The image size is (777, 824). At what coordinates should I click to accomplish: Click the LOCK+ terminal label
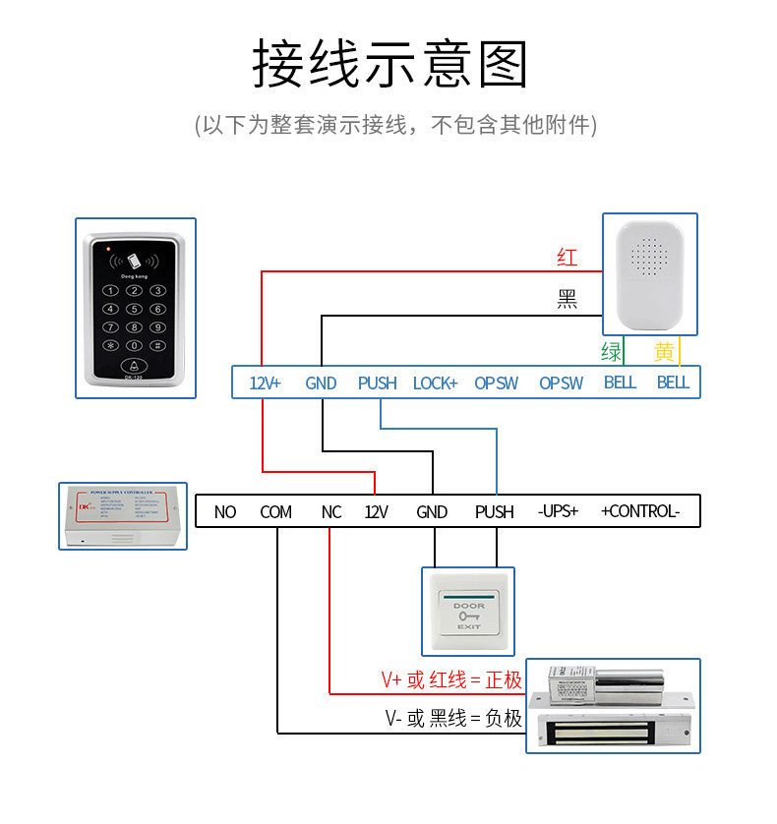point(435,383)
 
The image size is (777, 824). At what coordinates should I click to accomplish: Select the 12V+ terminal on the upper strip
point(265,383)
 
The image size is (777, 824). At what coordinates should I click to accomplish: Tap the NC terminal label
point(331,511)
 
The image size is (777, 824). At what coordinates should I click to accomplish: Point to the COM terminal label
point(276,511)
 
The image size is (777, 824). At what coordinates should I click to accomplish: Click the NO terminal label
point(225,511)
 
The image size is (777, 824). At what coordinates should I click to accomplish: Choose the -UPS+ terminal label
point(558,511)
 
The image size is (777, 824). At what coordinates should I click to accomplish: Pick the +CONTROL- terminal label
point(640,511)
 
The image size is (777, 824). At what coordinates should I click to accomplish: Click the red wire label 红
point(567,259)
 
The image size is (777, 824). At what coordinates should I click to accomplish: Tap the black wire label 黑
point(567,300)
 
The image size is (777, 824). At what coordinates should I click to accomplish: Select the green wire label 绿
point(611,352)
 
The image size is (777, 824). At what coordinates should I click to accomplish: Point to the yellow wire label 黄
point(665,352)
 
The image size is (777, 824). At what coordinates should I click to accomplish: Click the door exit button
point(468,611)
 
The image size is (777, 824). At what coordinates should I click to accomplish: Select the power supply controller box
point(122,515)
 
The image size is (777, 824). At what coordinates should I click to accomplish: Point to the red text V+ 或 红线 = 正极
point(451,680)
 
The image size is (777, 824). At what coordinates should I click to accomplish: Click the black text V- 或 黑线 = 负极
point(453,718)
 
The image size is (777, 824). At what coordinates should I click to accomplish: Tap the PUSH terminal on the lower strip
point(495,511)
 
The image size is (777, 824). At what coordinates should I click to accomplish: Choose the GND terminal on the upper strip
point(322,383)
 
